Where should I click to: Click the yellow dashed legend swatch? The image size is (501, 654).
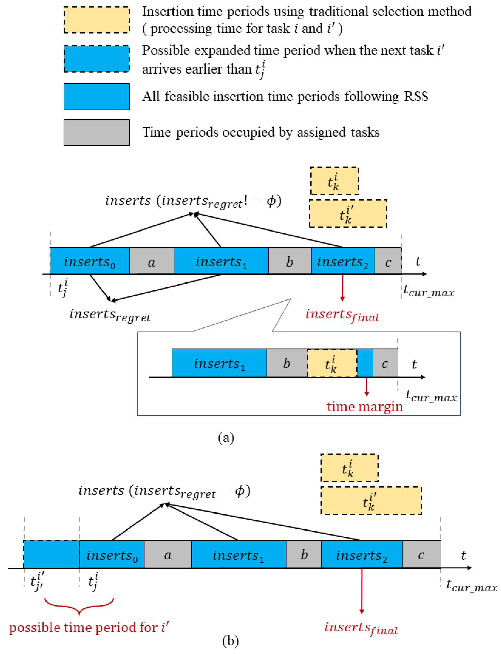click(x=97, y=20)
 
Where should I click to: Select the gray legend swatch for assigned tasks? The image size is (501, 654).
click(x=97, y=132)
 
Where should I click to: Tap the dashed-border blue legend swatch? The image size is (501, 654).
click(x=97, y=59)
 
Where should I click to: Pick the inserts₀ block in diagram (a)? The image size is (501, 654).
click(x=90, y=261)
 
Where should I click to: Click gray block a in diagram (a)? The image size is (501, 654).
click(x=151, y=261)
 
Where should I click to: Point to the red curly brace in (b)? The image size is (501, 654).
click(x=79, y=606)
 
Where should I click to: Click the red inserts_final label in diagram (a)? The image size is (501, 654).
click(x=342, y=315)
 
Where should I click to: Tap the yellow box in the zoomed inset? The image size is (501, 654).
click(x=332, y=363)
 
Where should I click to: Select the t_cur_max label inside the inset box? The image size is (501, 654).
click(x=431, y=396)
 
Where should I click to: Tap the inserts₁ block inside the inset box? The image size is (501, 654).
click(x=219, y=363)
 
